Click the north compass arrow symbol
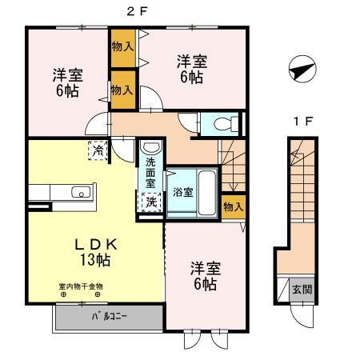coord(298,70)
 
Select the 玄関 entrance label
coord(302,289)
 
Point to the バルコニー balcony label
coord(105,316)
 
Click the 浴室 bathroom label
coord(182,192)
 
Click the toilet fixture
coord(226,124)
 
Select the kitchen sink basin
coord(79,192)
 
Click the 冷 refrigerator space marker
coord(97,150)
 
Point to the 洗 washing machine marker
coord(150,202)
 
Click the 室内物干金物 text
coord(80,286)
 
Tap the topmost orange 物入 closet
coord(122,47)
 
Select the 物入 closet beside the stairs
coord(232,206)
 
